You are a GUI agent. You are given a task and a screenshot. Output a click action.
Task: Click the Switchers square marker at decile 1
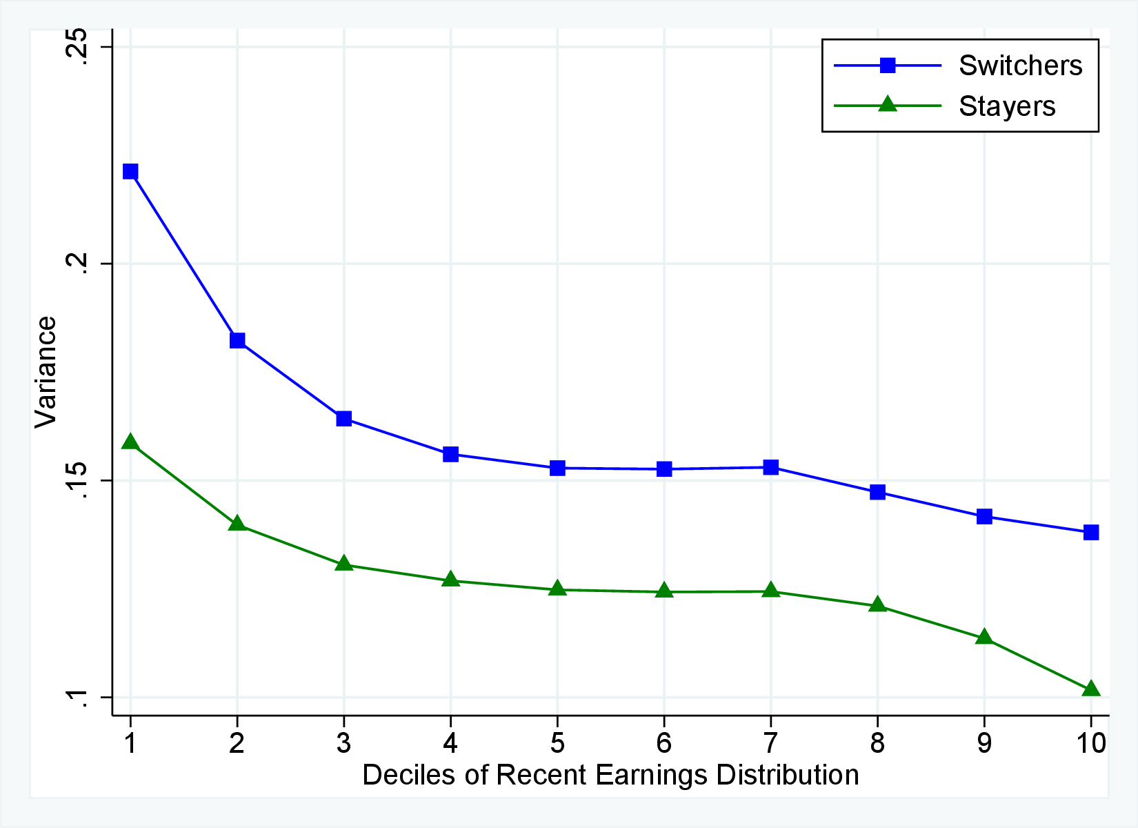130,171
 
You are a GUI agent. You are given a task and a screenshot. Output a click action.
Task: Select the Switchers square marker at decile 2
237,340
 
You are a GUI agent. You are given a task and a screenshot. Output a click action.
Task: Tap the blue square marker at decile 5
557,468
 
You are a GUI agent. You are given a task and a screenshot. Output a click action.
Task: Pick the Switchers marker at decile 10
1091,532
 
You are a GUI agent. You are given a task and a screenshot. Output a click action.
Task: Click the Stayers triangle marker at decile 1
130,442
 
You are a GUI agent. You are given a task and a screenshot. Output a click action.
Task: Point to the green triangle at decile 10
1091,689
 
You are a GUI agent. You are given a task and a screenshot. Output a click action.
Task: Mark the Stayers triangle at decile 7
771,591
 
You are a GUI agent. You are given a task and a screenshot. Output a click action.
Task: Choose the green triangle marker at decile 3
344,564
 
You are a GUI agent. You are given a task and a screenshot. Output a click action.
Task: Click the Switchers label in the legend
1020,66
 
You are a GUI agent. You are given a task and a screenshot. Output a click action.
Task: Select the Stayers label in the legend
1007,106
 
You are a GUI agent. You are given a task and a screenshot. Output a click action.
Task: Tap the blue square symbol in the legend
888,66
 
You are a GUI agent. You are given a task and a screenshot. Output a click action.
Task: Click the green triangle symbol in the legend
888,105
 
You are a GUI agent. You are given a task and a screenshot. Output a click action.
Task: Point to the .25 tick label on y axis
75,47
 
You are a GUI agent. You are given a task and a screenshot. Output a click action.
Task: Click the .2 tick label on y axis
75,264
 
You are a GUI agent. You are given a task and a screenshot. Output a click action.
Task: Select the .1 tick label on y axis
75,698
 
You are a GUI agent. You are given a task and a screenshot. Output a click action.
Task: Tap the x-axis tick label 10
1091,743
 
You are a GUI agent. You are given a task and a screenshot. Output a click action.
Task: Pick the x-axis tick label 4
450,743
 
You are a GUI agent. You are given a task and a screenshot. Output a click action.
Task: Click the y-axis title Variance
46,373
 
